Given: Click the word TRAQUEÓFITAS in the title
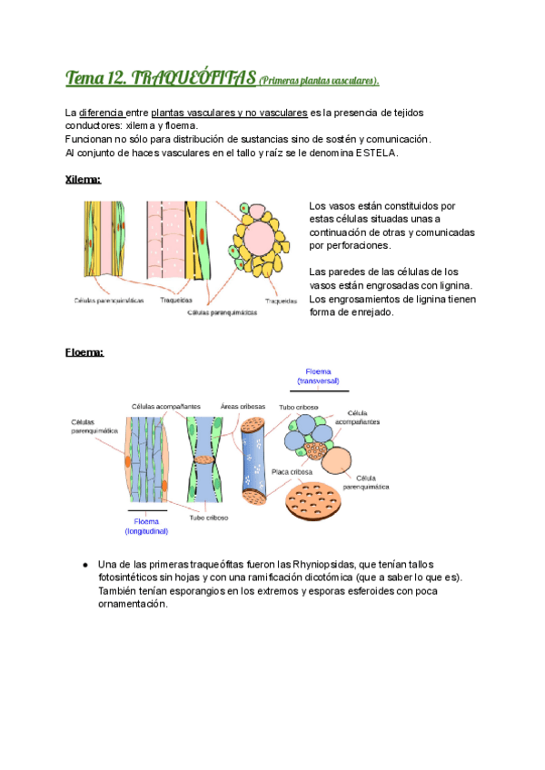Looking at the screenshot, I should (x=193, y=79).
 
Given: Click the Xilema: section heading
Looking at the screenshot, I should (x=83, y=180).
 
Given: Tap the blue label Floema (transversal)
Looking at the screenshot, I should (x=318, y=376).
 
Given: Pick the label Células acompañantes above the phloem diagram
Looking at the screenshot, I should (x=163, y=406).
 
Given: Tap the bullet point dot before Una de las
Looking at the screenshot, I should (x=84, y=565).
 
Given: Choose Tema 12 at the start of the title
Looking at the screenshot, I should (x=95, y=79).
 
